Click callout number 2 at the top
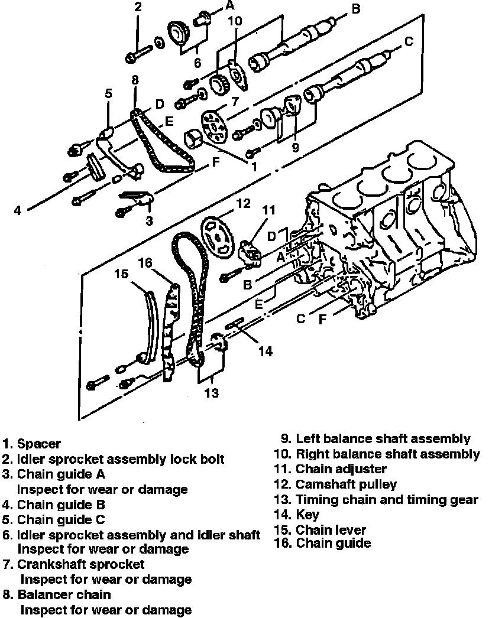click(138, 7)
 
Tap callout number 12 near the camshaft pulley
click(244, 204)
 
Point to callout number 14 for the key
click(266, 351)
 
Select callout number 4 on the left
click(18, 210)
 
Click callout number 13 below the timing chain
click(212, 392)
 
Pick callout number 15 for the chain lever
click(121, 274)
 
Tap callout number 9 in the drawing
click(295, 147)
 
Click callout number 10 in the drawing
click(235, 21)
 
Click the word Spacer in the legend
click(39, 443)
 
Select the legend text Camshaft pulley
click(346, 484)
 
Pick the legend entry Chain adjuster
click(341, 469)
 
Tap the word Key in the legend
click(307, 515)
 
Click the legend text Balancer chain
click(64, 594)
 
